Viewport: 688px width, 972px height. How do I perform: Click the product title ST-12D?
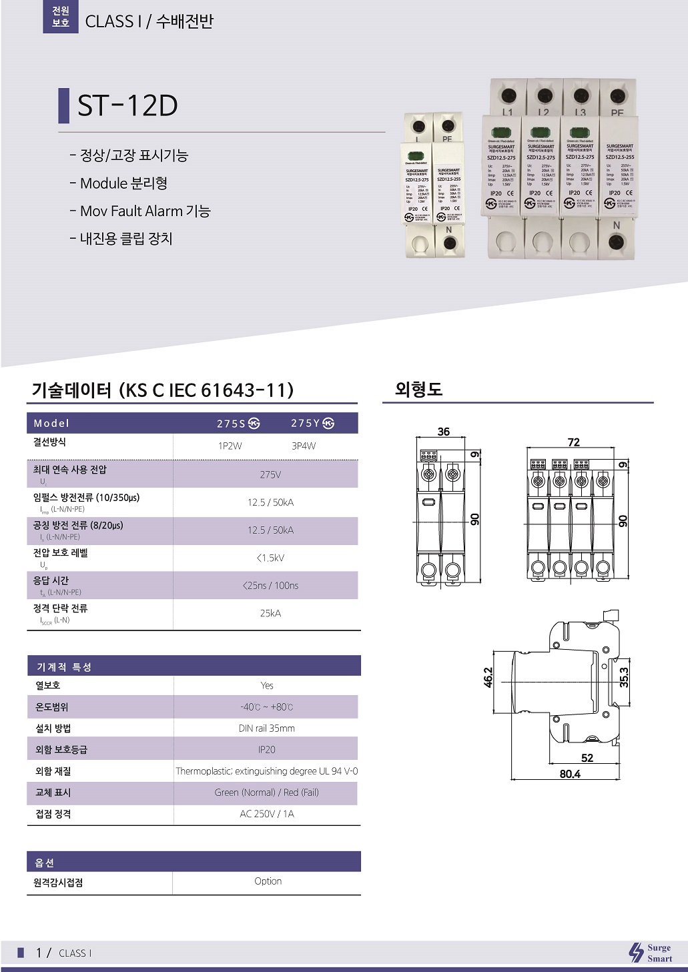pyautogui.click(x=127, y=105)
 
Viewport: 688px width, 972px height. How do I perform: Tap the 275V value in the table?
pyautogui.click(x=270, y=475)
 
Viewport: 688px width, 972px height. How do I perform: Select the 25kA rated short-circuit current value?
pyautogui.click(x=270, y=613)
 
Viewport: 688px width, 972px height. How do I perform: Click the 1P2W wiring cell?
pyautogui.click(x=230, y=446)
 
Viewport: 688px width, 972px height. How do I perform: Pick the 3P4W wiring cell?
pyautogui.click(x=304, y=446)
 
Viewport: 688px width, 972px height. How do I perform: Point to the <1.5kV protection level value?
pyautogui.click(x=270, y=558)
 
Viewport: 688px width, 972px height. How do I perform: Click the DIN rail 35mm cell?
pyautogui.click(x=266, y=728)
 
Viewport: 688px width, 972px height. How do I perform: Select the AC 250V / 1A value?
pyautogui.click(x=266, y=814)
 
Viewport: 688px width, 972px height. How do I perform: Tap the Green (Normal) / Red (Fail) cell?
pyautogui.click(x=266, y=793)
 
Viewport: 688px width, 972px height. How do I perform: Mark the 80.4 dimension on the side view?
pyautogui.click(x=570, y=774)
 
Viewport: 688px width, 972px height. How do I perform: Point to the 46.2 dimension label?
pyautogui.click(x=488, y=677)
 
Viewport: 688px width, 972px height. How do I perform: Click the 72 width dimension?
pyautogui.click(x=573, y=442)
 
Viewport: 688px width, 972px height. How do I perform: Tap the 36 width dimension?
pyautogui.click(x=444, y=432)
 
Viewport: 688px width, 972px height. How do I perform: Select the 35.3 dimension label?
pyautogui.click(x=624, y=677)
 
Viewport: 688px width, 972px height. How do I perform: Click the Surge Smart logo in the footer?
pyautogui.click(x=651, y=953)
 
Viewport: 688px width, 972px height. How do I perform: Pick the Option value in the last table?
pyautogui.click(x=268, y=881)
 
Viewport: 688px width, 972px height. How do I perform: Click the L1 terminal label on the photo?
pyautogui.click(x=508, y=113)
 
